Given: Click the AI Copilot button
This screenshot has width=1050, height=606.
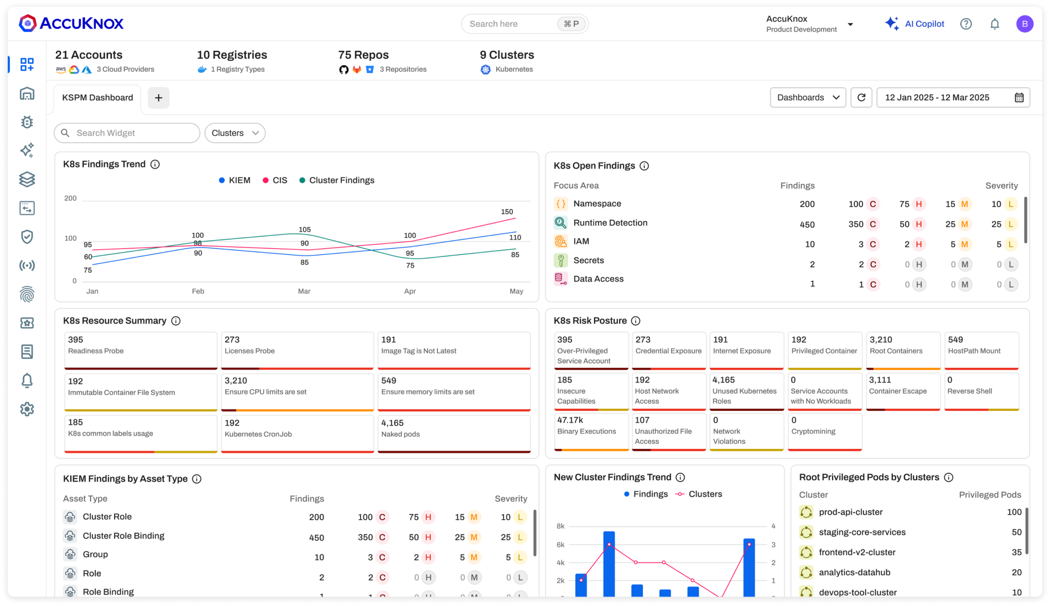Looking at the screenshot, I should pyautogui.click(x=914, y=24).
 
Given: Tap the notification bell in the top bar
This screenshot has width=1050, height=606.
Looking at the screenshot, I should pyautogui.click(x=994, y=24).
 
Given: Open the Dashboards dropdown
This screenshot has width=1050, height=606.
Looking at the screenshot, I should pyautogui.click(x=808, y=97).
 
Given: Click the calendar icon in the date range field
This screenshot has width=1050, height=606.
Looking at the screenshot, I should pyautogui.click(x=1018, y=97).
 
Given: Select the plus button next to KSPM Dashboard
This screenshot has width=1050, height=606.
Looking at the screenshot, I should pyautogui.click(x=158, y=98).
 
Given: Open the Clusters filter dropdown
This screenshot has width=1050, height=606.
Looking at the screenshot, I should pyautogui.click(x=235, y=133).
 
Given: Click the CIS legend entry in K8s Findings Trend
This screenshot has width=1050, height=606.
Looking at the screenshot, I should pyautogui.click(x=274, y=180).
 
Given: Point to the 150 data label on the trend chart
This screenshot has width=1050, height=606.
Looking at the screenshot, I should pyautogui.click(x=507, y=212).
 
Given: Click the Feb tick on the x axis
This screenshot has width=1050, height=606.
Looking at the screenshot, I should pyautogui.click(x=197, y=291).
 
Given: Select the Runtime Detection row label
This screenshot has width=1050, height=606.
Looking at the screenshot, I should pyautogui.click(x=610, y=223).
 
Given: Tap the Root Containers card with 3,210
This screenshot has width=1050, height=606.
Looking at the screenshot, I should pyautogui.click(x=903, y=349).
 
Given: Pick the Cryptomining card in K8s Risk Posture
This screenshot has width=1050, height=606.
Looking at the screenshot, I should pyautogui.click(x=824, y=431).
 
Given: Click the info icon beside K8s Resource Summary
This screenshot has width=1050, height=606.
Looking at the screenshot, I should pyautogui.click(x=176, y=321).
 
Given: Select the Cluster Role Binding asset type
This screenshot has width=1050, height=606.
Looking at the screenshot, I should pyautogui.click(x=123, y=536).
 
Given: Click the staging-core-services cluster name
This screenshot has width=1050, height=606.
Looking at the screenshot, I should pyautogui.click(x=862, y=532).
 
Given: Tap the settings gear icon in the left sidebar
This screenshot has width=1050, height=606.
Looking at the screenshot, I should pyautogui.click(x=27, y=409).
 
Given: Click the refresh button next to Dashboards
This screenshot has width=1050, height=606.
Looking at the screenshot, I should pyautogui.click(x=861, y=97).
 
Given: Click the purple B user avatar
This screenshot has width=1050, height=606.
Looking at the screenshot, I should pyautogui.click(x=1024, y=24).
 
